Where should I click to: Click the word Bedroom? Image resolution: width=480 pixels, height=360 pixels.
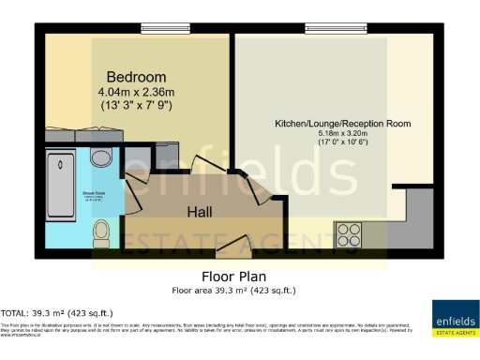136,77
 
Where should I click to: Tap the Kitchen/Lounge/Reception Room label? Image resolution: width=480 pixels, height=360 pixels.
342,124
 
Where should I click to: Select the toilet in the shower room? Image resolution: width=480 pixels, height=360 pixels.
102,230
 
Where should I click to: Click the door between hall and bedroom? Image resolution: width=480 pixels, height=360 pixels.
200,165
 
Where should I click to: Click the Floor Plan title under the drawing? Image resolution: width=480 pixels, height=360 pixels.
234,277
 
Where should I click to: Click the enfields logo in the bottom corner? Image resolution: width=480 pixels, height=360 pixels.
452,317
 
